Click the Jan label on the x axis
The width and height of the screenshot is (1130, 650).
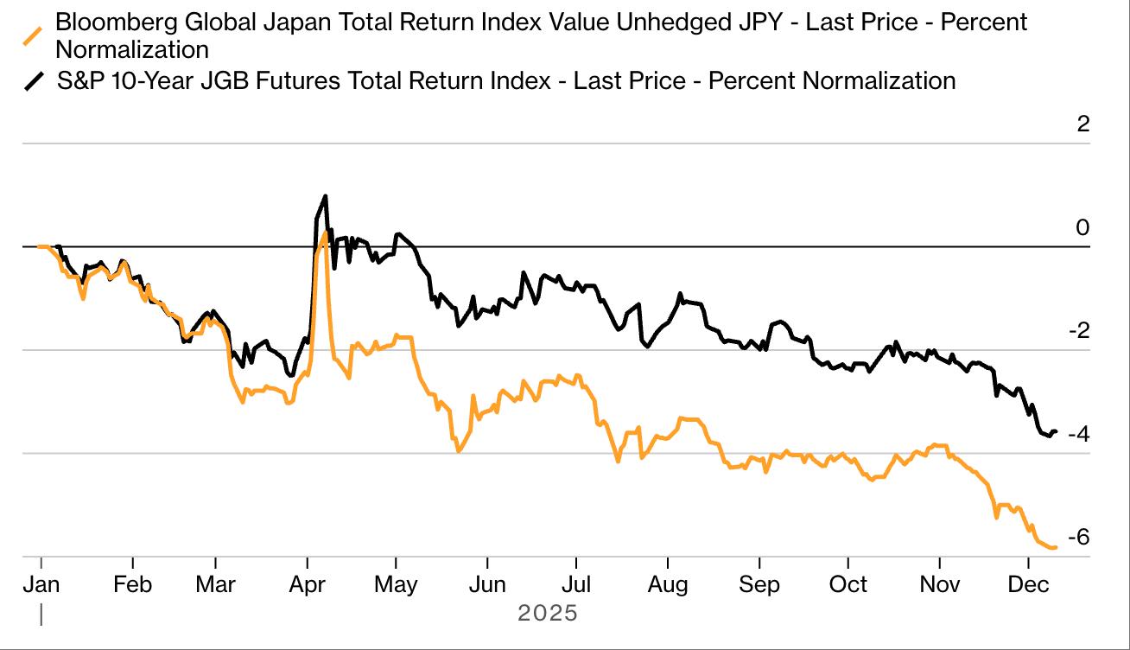[x=41, y=584]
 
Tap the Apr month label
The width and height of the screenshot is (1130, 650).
[x=308, y=584]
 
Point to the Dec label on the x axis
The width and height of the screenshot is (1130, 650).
[x=1029, y=584]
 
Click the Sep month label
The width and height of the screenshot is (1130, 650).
[x=760, y=584]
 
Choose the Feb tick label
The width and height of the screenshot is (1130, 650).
[x=132, y=584]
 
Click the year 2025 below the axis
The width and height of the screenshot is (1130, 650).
[x=547, y=614]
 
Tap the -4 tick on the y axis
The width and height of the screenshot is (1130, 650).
[x=1077, y=434]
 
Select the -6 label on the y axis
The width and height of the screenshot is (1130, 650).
[x=1077, y=538]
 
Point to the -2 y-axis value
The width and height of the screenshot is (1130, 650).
[x=1077, y=331]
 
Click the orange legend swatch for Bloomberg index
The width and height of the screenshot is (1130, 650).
[x=34, y=35]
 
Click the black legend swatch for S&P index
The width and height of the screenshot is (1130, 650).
[x=34, y=81]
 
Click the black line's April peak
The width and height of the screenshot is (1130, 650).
[x=325, y=196]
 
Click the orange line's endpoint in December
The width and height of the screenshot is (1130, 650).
[x=1056, y=546]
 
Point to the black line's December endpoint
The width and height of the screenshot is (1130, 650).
[x=1056, y=431]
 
